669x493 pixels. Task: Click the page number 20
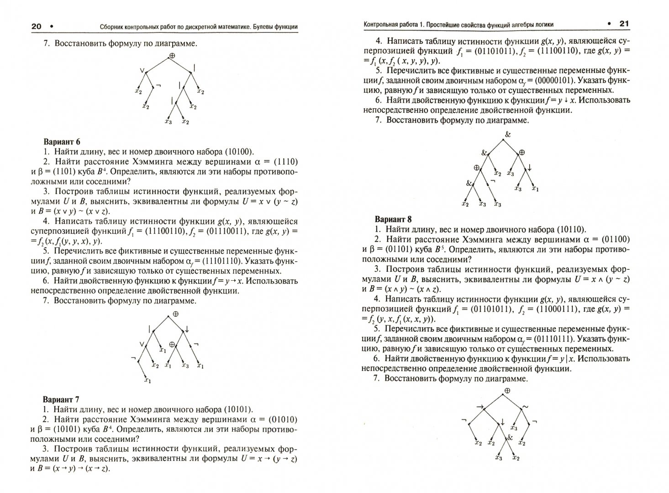coord(36,26)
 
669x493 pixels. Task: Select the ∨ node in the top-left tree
coord(142,71)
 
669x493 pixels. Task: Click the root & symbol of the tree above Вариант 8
coord(507,134)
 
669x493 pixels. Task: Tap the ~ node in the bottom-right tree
coord(525,406)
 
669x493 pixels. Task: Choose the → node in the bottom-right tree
coord(479,406)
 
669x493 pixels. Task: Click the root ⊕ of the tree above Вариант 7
coord(175,315)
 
